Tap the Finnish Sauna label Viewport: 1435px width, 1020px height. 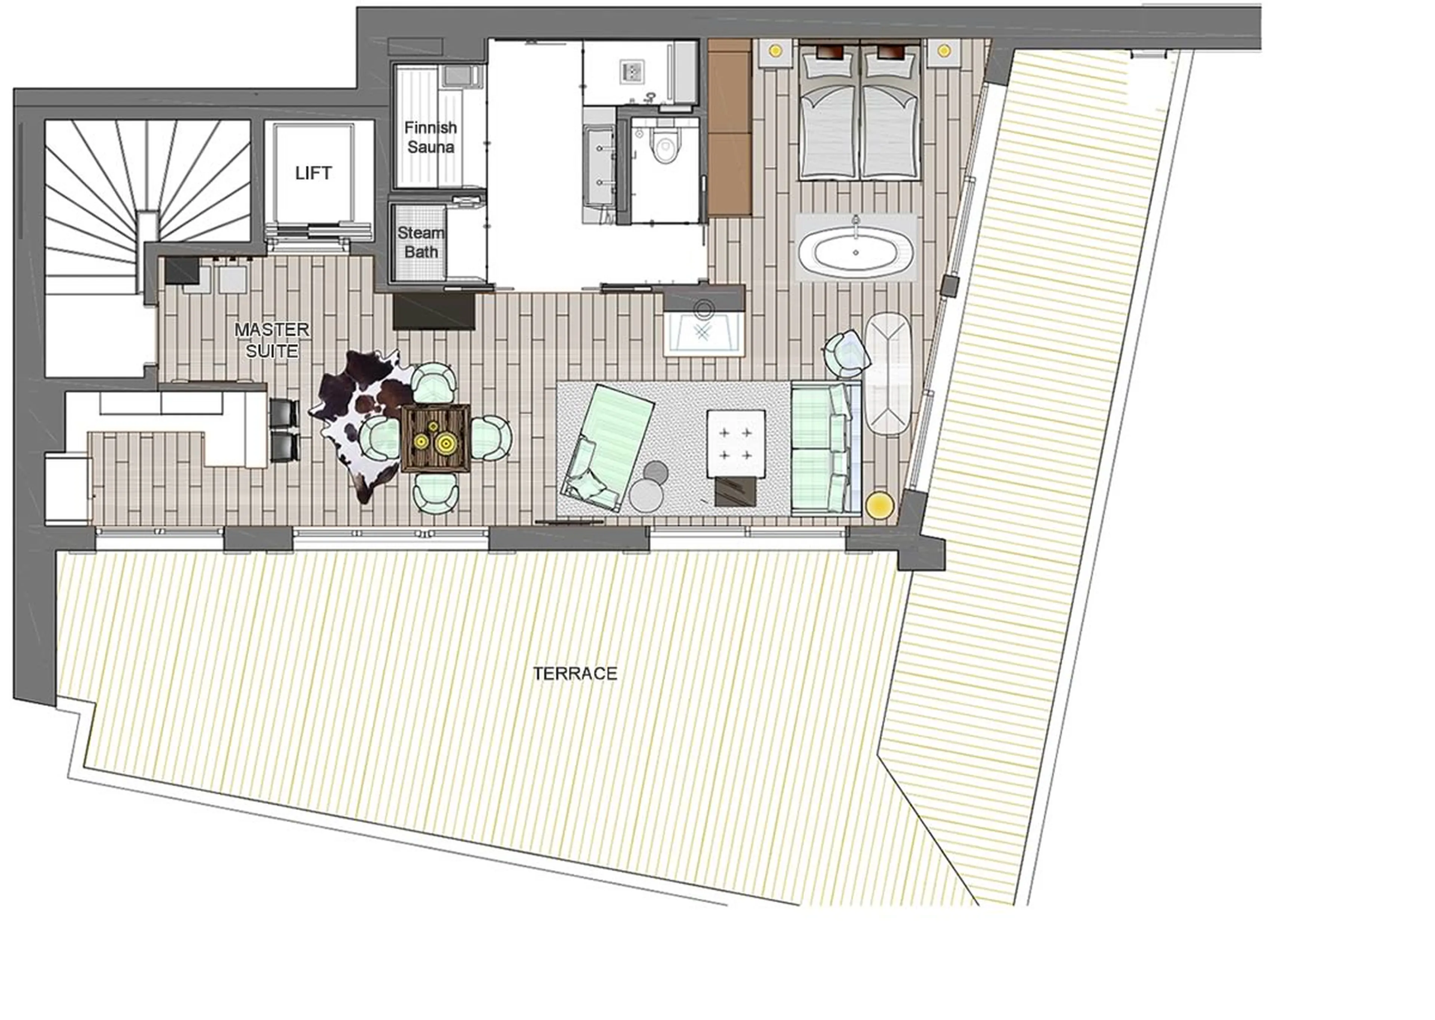click(x=430, y=137)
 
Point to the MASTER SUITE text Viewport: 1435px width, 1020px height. click(x=272, y=340)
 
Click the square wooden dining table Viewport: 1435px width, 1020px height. click(x=435, y=438)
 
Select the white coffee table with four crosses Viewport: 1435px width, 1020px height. click(x=735, y=443)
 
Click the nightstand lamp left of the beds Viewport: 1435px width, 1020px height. click(x=775, y=50)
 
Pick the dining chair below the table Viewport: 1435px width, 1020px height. click(x=435, y=493)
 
